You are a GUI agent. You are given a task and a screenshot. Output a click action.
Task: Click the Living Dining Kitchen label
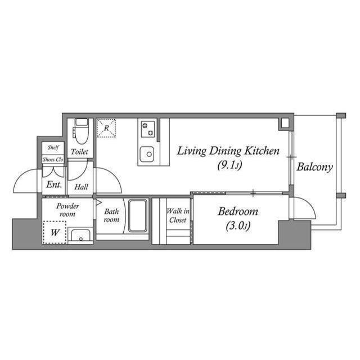[x=228, y=151]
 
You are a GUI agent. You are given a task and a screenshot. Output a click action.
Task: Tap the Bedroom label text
[x=238, y=212]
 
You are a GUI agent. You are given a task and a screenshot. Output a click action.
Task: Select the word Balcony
[x=315, y=167]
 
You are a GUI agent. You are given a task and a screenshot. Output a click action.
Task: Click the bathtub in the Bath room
[x=138, y=216]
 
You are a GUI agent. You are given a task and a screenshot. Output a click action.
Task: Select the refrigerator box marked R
[x=106, y=128]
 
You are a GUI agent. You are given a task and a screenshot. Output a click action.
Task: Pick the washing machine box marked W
[x=55, y=232]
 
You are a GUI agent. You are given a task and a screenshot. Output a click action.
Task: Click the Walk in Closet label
[x=178, y=215]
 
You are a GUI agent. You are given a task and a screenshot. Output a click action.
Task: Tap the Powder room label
[x=67, y=210]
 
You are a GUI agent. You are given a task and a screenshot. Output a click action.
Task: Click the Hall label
[x=81, y=186]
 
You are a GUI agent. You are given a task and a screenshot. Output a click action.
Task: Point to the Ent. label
[x=54, y=184]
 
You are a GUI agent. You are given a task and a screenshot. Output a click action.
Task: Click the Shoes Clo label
[x=53, y=159]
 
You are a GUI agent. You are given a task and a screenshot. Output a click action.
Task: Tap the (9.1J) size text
[x=228, y=165]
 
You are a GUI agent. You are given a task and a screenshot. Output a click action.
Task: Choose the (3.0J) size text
[x=238, y=226]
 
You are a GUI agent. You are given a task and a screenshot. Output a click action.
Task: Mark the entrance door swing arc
[x=25, y=180]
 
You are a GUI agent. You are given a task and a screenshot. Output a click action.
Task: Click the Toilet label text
[x=79, y=152]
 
